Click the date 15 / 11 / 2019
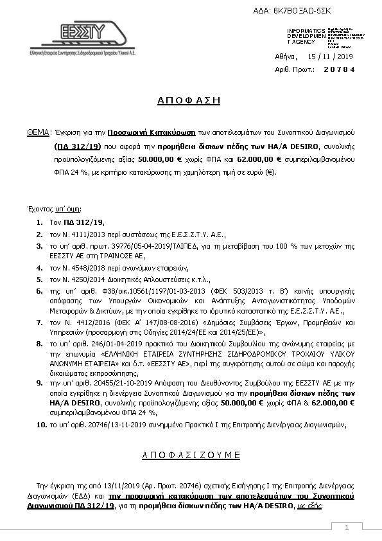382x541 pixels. pos(331,57)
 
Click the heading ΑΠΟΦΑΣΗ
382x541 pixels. pos(189,100)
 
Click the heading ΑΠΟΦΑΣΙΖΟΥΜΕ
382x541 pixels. pos(190,455)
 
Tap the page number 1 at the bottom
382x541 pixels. pos(346,528)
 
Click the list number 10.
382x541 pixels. pos(40,425)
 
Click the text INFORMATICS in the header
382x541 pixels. pos(303,31)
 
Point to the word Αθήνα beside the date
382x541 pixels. pos(286,57)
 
